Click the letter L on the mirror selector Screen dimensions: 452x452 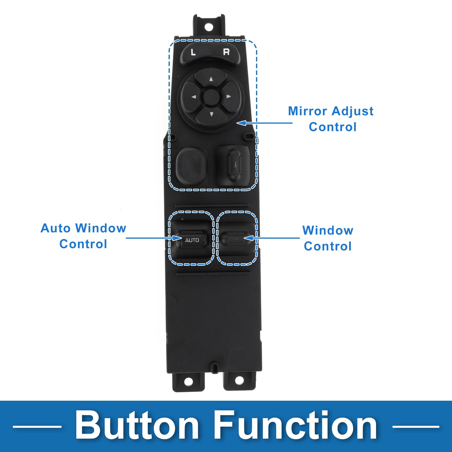pyautogui.click(x=193, y=52)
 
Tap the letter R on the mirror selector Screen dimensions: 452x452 pyautogui.click(x=226, y=52)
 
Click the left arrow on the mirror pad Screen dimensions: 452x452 pyautogui.click(x=194, y=97)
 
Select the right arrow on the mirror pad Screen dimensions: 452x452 pyautogui.click(x=228, y=96)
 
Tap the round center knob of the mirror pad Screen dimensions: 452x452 pyautogui.click(x=211, y=96)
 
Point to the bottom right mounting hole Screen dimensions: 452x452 pyautogui.click(x=239, y=380)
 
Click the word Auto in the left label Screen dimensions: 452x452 pyautogui.click(x=56, y=228)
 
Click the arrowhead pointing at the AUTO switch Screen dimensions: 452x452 pyautogui.click(x=177, y=238)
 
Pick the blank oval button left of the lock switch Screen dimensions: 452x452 pyautogui.click(x=191, y=166)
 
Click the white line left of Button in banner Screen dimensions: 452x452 pyautogui.click(x=37, y=427)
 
